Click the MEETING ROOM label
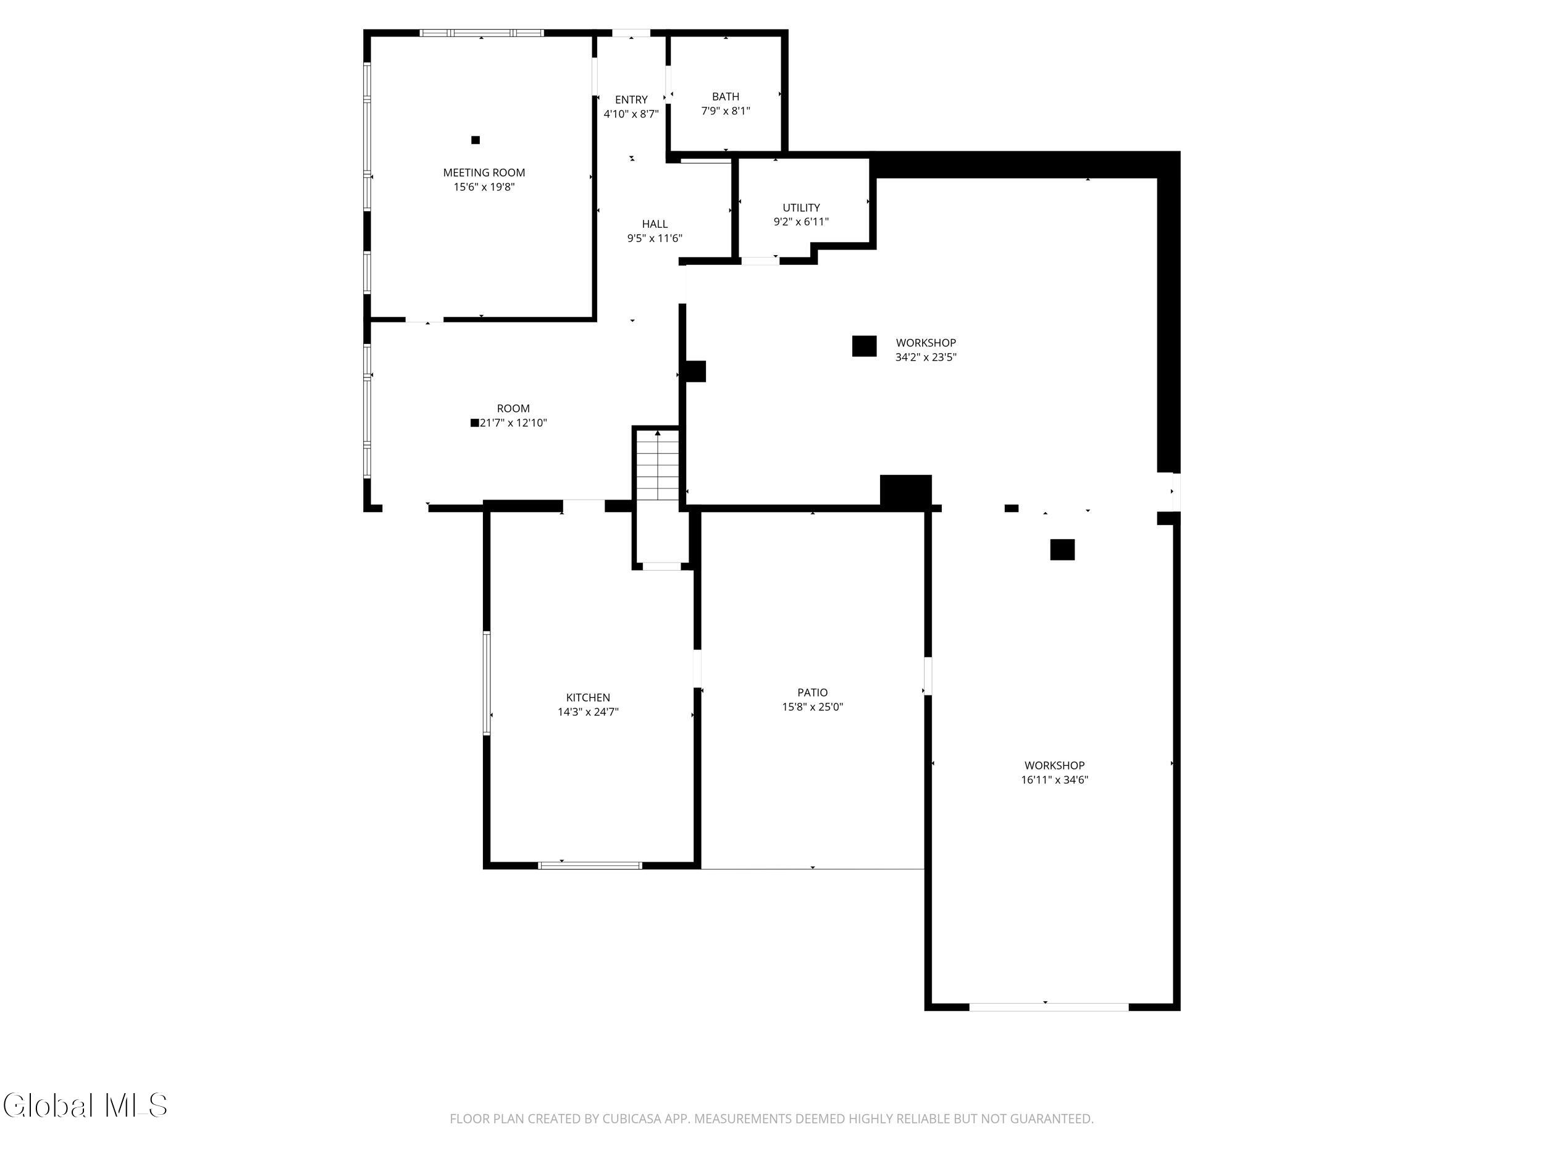click(484, 172)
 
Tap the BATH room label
click(725, 96)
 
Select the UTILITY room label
click(800, 208)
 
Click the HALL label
click(655, 224)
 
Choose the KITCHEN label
click(588, 697)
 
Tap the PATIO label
click(813, 692)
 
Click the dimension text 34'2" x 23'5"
click(926, 358)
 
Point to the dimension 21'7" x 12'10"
click(513, 423)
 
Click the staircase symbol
click(657, 465)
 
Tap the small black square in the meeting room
click(476, 140)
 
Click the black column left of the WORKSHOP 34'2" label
click(864, 346)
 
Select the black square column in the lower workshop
click(1062, 550)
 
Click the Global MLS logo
click(85, 1106)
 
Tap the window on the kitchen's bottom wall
click(590, 865)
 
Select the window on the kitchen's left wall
click(487, 683)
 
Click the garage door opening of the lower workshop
click(1049, 1007)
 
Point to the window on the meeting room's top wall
click(482, 33)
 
